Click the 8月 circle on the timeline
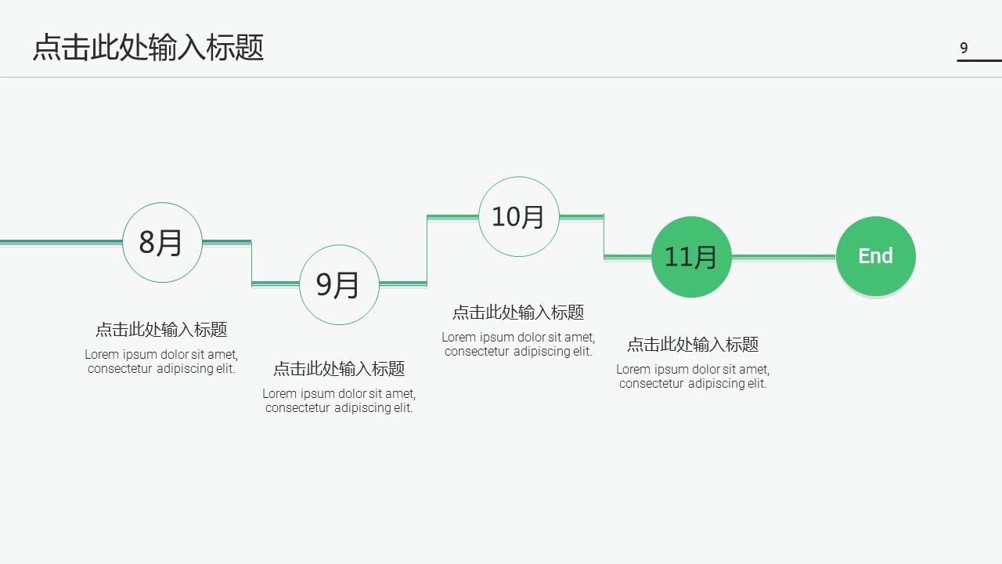162,242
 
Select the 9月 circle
339,284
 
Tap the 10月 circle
518,216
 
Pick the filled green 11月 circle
691,256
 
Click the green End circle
875,256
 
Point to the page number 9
964,48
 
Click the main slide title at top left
148,48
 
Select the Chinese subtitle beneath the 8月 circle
161,330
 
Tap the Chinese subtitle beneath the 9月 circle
339,369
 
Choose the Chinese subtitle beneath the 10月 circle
518,313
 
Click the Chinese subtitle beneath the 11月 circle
693,345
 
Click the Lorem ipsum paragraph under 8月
161,362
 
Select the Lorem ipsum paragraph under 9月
339,401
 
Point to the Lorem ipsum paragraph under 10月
518,345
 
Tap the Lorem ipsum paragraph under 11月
693,377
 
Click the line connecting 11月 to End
783,256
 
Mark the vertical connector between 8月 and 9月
251,262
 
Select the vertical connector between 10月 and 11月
604,236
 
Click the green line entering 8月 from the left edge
61,241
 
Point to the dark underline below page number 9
979,60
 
